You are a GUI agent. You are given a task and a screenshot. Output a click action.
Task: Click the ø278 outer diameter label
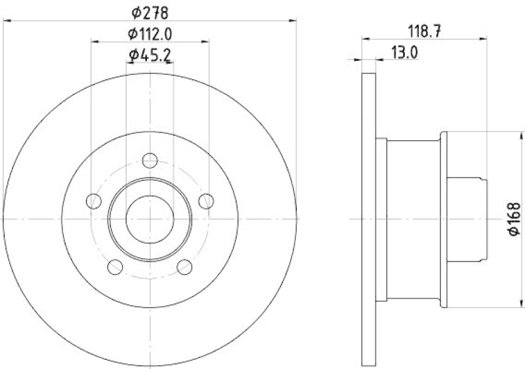click(150, 12)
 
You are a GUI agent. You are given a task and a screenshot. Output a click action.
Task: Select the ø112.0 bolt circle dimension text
click(150, 33)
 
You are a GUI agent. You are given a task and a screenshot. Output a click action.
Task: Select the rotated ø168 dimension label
click(513, 218)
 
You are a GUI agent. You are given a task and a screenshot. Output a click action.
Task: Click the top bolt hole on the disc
click(150, 159)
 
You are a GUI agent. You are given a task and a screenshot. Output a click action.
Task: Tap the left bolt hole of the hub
click(94, 201)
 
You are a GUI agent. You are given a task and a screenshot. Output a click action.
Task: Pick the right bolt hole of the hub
click(206, 201)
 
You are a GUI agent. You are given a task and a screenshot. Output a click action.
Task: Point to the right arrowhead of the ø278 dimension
click(294, 21)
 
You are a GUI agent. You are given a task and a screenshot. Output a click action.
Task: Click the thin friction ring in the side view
click(369, 218)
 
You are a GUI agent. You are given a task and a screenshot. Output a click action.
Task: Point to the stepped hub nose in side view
click(466, 218)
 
